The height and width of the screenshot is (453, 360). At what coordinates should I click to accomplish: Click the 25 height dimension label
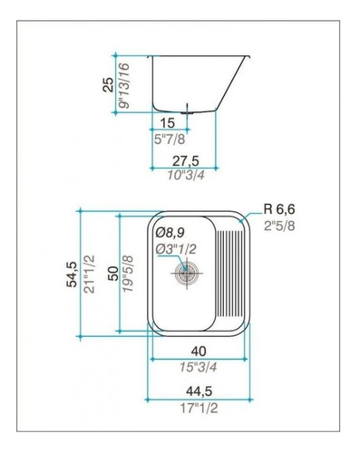point(109,84)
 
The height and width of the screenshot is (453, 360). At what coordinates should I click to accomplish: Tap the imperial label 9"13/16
point(124,85)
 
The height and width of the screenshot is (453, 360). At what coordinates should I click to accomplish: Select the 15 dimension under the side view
point(168,123)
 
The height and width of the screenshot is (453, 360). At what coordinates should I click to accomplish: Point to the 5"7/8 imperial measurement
point(170,140)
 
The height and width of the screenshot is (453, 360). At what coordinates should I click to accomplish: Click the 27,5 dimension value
point(186,161)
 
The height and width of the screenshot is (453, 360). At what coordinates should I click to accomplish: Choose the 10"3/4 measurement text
point(186,175)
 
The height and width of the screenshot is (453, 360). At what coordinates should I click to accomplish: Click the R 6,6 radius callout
point(279,209)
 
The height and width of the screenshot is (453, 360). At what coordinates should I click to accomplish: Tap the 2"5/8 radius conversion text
point(279,226)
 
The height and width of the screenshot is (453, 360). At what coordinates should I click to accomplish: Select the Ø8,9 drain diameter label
point(170,233)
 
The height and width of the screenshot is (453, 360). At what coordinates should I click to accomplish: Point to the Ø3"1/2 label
point(176,249)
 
